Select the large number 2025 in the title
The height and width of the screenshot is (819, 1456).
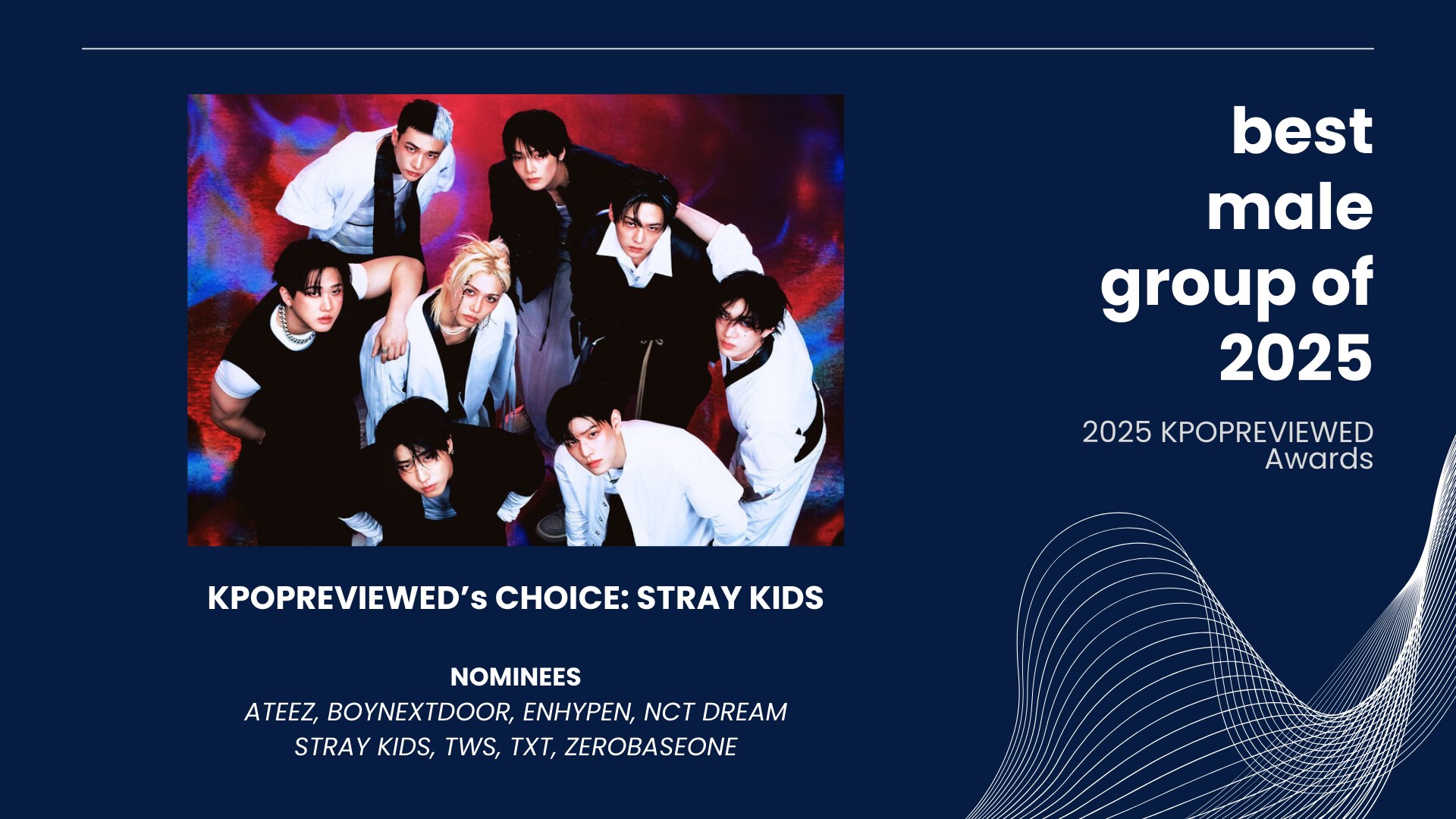pos(1296,358)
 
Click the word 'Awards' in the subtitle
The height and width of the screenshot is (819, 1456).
pos(1319,459)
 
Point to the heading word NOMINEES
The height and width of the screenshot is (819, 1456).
pos(516,676)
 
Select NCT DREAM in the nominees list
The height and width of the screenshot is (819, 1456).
pos(715,712)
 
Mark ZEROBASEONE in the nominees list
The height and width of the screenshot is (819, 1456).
pos(651,747)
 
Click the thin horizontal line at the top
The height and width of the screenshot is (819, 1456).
pos(728,49)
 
